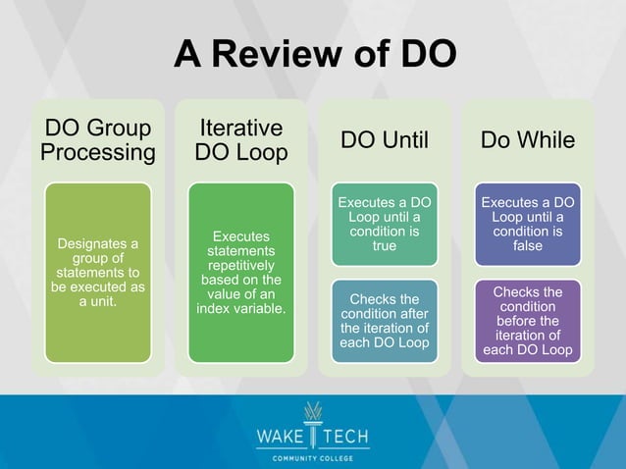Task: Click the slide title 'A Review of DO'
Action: click(314, 55)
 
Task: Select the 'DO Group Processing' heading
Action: click(97, 140)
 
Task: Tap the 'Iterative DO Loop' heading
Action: click(241, 140)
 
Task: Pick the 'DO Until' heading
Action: click(384, 140)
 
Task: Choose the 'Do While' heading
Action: click(527, 140)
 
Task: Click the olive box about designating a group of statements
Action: click(97, 272)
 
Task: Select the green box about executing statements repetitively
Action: click(241, 272)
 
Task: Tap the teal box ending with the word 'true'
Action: click(384, 225)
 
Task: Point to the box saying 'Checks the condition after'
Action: click(384, 321)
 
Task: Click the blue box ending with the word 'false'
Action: click(527, 225)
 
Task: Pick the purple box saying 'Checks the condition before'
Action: click(527, 321)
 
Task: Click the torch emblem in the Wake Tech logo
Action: click(313, 419)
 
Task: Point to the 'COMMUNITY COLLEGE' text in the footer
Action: click(313, 457)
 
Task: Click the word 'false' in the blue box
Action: click(527, 246)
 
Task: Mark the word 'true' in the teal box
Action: click(384, 246)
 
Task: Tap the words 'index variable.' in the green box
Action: click(241, 309)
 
